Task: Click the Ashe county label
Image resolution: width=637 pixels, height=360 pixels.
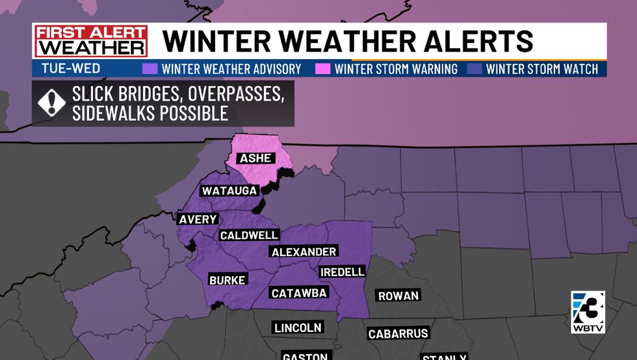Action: coord(256,159)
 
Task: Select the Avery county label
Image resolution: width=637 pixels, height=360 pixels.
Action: coord(198,219)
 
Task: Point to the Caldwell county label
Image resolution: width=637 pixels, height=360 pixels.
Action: coord(249,235)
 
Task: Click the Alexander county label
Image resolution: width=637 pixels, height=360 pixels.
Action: coord(304,251)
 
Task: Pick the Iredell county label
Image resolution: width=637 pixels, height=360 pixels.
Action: coord(342,272)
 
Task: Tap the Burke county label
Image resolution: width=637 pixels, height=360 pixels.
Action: coord(227,280)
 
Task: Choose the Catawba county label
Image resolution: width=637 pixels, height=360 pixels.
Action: coord(299,293)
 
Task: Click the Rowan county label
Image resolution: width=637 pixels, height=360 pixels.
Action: coord(398,296)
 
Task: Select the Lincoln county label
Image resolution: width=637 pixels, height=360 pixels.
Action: coord(298,328)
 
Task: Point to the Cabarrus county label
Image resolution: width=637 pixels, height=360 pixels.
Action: coord(398,334)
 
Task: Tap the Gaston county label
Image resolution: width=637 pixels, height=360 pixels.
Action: coord(305,355)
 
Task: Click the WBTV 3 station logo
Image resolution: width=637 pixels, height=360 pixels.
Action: coord(588,312)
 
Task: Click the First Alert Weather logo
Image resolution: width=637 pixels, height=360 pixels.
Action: coord(90,41)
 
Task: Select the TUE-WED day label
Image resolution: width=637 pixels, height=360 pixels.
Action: coord(65,69)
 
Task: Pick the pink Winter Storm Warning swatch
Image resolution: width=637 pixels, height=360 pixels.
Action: coord(323,69)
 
